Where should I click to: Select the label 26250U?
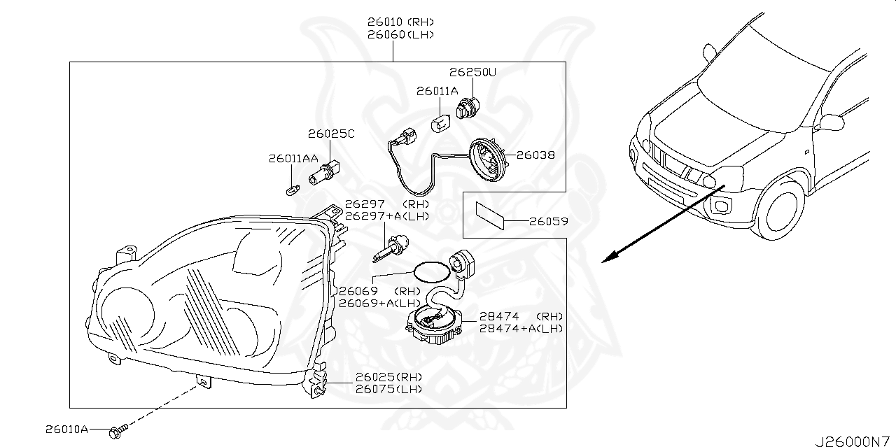coord(472,72)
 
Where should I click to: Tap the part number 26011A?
coord(437,91)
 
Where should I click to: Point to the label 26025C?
coord(331,134)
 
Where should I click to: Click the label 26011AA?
coord(293,159)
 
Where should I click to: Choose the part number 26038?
coord(537,155)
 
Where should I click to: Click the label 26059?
coord(547,222)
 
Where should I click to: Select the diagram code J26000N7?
coord(854,441)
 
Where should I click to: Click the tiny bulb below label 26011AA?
coord(293,189)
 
